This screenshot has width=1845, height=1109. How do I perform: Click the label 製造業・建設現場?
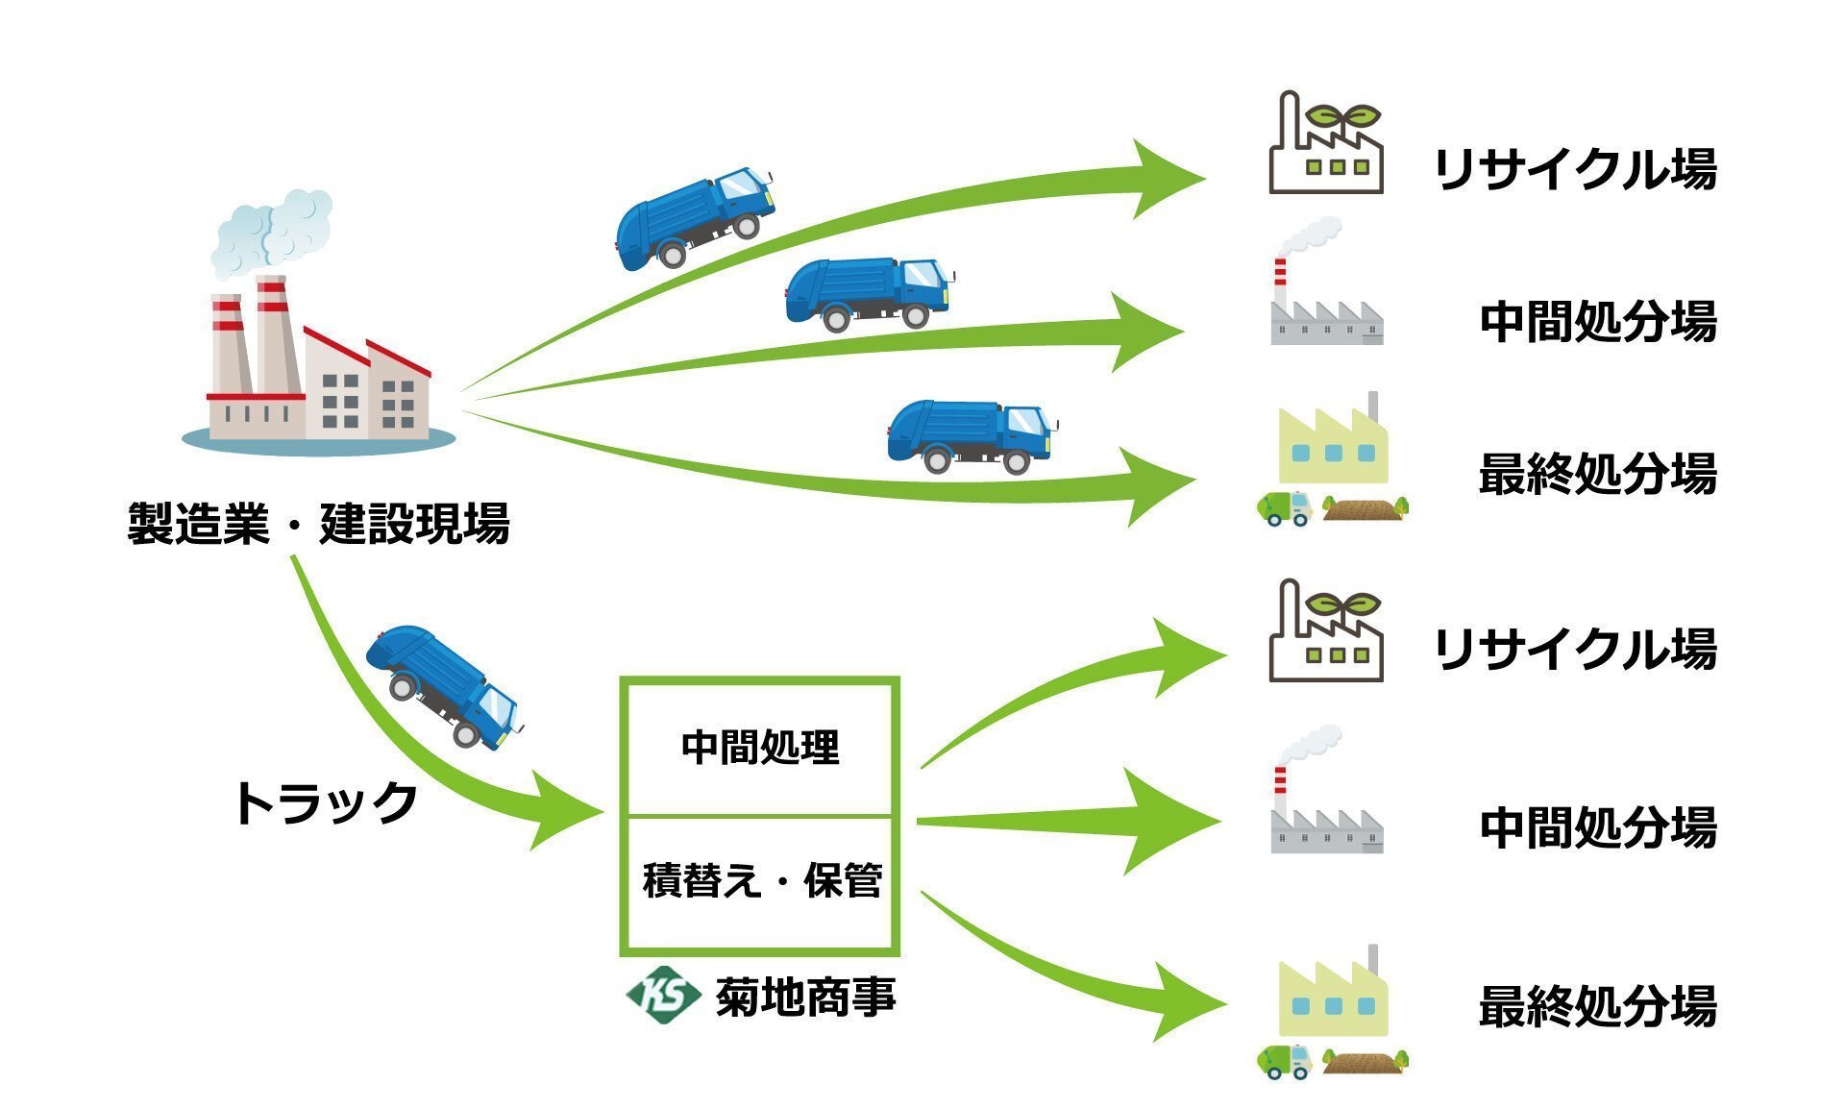tap(318, 524)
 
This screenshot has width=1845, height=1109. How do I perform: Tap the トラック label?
tap(326, 803)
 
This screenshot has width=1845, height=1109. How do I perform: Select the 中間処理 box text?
tap(759, 748)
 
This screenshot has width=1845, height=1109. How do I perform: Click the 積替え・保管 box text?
tap(761, 880)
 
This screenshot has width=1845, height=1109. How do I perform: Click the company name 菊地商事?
tap(805, 998)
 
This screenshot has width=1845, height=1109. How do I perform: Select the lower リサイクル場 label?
tap(1574, 650)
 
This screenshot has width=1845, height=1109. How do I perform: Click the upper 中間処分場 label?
tap(1597, 323)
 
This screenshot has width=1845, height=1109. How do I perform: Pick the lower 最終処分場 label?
tap(1597, 1006)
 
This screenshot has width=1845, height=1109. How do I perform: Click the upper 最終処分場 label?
tap(1597, 475)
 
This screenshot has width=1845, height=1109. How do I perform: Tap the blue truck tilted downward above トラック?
tap(444, 685)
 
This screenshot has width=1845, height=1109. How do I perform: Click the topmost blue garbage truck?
tap(694, 218)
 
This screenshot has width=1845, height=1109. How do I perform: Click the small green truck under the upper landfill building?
tap(1285, 507)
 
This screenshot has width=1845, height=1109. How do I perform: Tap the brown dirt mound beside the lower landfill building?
tap(1363, 1061)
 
